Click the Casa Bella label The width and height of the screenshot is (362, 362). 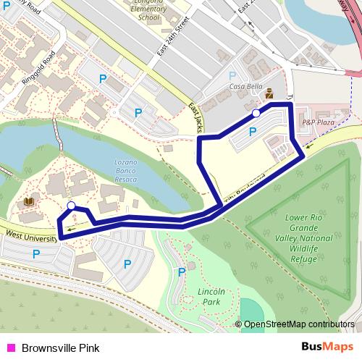tap(245, 87)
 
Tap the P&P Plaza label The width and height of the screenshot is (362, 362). tap(317, 122)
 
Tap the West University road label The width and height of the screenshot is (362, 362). tap(29, 236)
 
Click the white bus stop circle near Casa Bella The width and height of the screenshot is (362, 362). tap(256, 113)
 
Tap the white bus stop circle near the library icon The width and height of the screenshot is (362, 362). tap(71, 206)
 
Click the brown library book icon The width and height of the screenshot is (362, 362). tap(30, 201)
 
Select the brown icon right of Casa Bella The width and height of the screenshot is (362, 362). tap(269, 92)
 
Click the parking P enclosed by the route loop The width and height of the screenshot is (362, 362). tap(253, 132)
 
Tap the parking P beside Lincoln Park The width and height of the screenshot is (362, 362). tap(181, 272)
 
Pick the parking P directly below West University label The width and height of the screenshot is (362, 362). tap(35, 253)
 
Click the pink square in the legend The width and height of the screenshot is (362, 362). tap(10, 348)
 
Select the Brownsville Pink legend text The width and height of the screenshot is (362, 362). tap(59, 348)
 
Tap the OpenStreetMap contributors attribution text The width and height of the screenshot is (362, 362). tap(298, 325)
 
